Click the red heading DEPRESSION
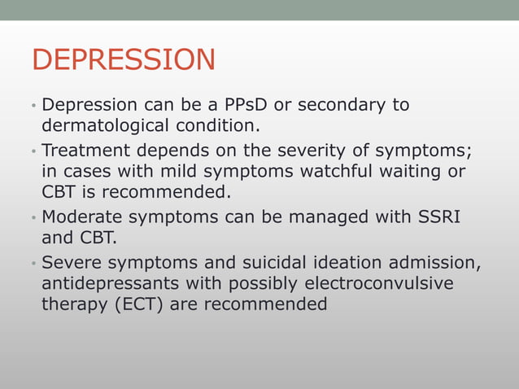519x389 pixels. [x=124, y=60]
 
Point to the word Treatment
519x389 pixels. [x=84, y=150]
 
